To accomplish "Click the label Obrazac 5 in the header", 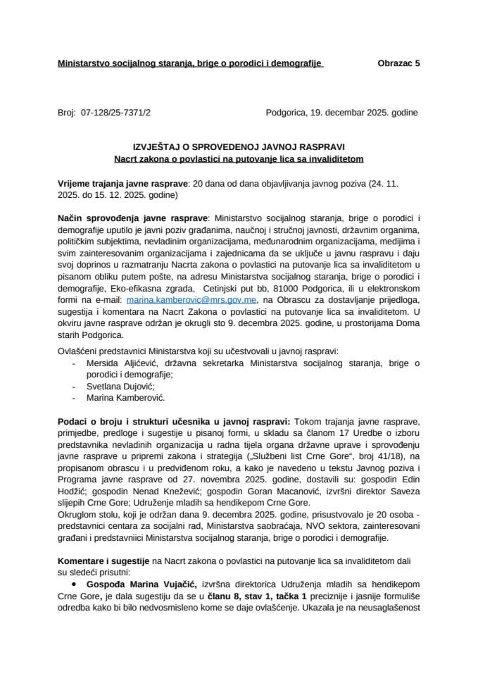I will point(398,63).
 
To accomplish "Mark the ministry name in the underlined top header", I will point(189,63).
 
